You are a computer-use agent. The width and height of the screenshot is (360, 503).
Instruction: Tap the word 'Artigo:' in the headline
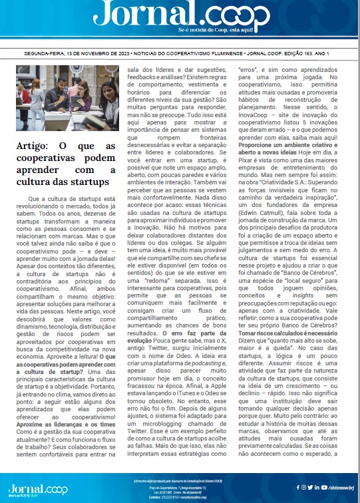pyautogui.click(x=33, y=146)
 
